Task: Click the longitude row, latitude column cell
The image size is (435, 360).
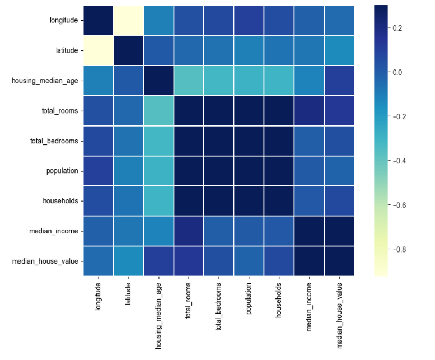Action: (x=128, y=20)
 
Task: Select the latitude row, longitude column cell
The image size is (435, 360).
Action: (x=98, y=50)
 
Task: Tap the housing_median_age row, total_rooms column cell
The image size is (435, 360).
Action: (x=189, y=81)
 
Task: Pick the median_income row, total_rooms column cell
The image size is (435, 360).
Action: (x=189, y=231)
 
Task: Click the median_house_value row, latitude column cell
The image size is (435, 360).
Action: (x=128, y=261)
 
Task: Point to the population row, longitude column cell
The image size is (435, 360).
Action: (x=98, y=171)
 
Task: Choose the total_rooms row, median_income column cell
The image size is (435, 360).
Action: (x=309, y=111)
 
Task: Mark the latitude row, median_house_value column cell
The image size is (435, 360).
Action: (x=339, y=50)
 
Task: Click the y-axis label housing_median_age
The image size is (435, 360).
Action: (x=45, y=81)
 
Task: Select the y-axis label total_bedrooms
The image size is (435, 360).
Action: (x=54, y=141)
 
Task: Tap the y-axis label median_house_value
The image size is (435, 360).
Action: (x=45, y=261)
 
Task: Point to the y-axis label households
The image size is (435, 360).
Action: (x=60, y=201)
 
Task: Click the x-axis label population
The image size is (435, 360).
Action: (x=249, y=298)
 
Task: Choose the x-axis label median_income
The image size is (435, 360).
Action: (x=309, y=307)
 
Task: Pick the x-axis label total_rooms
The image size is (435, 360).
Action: (x=188, y=300)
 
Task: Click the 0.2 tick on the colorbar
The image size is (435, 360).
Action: (x=397, y=28)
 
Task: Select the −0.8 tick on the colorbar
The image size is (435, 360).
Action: (x=399, y=249)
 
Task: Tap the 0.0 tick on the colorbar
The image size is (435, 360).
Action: (x=397, y=72)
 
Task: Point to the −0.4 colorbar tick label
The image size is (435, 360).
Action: (x=399, y=161)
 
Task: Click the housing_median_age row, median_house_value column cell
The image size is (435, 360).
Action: (x=339, y=81)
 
